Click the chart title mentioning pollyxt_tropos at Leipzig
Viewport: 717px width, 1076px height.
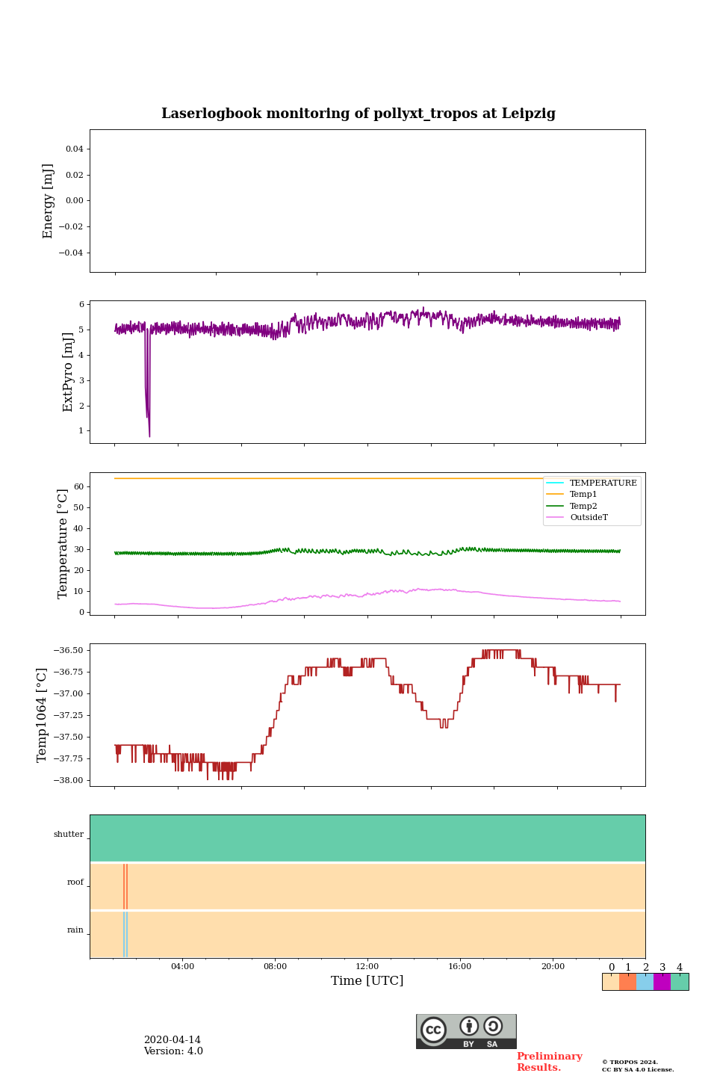point(358,114)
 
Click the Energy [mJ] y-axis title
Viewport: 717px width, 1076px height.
point(49,201)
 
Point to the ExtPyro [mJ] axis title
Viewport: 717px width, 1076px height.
point(68,372)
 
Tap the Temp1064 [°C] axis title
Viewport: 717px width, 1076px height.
point(42,715)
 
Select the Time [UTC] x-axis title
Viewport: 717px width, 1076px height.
point(367,980)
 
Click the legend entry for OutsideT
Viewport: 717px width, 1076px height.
point(589,518)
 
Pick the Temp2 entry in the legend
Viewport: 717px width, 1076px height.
point(583,506)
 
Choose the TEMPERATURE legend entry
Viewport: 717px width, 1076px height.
point(603,483)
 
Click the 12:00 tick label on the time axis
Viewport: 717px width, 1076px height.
point(367,967)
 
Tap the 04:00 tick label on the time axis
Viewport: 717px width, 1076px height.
point(182,967)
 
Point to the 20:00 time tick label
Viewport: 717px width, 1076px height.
point(553,967)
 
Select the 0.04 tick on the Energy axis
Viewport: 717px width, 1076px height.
point(74,149)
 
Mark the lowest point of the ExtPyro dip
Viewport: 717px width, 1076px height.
point(149,436)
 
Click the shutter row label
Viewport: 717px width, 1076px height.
point(69,835)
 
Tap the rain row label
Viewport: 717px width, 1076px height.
point(75,930)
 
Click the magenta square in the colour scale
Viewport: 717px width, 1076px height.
point(662,982)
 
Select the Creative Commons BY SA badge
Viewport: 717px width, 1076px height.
point(466,1031)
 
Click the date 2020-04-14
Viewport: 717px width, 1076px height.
point(173,1040)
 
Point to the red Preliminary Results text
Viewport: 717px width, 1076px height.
point(549,1062)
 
